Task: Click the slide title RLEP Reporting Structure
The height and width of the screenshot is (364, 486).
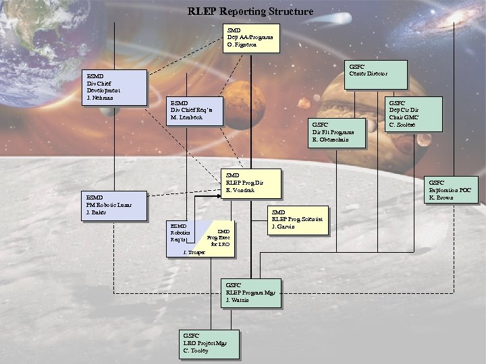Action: point(250,11)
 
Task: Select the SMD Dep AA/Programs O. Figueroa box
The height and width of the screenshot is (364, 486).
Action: point(252,39)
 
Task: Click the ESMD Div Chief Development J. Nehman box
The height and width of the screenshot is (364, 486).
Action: point(113,88)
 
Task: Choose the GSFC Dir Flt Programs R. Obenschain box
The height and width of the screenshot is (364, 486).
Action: point(336,133)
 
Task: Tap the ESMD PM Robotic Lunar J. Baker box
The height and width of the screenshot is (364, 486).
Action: point(113,208)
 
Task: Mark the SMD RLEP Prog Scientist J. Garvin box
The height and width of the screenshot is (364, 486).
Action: point(298,220)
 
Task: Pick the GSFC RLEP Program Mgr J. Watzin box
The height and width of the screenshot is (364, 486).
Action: point(251,293)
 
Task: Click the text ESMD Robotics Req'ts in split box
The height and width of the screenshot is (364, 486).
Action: point(180,233)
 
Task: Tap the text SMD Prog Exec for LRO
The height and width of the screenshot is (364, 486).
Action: point(219,238)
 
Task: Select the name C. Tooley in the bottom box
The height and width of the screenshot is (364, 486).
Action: point(196,351)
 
